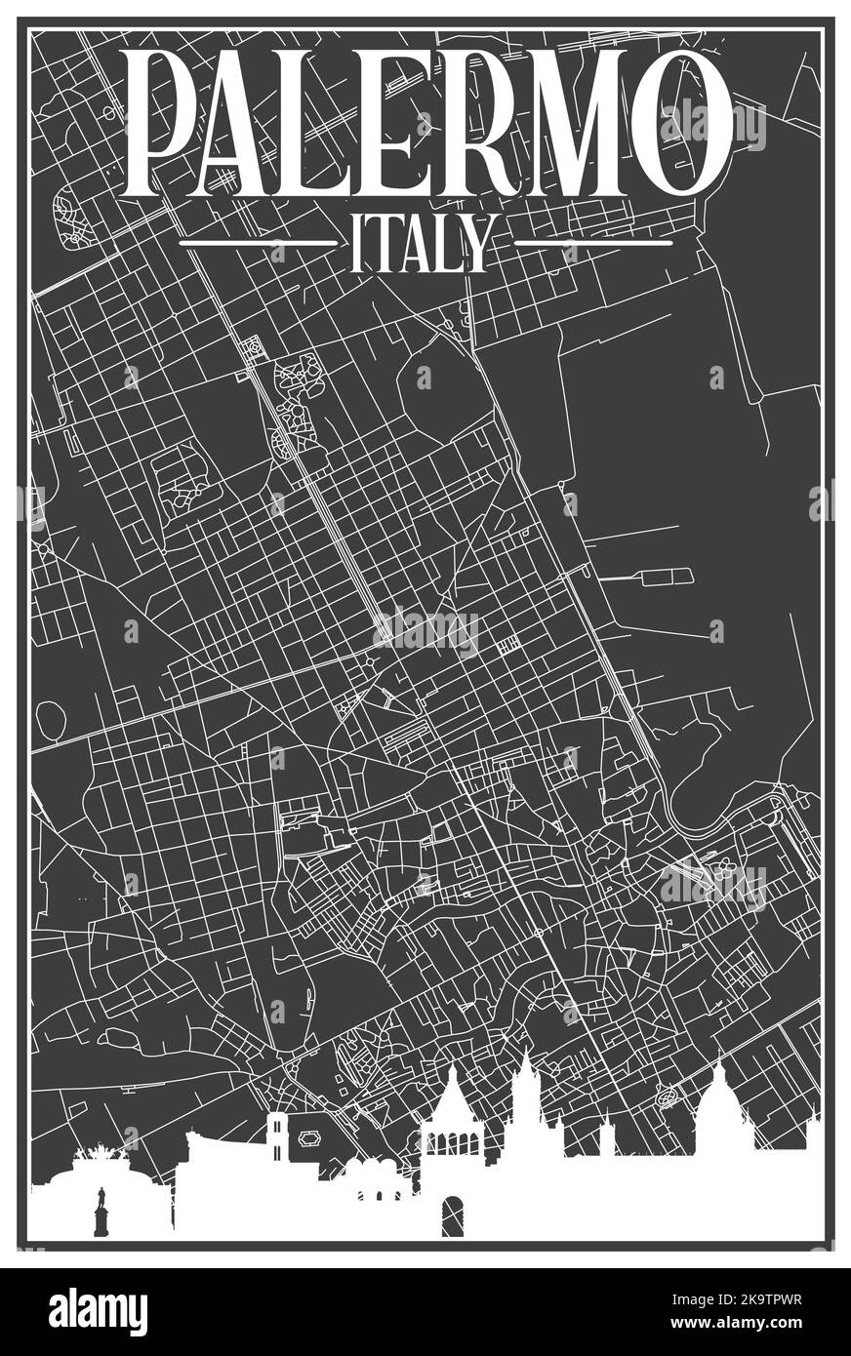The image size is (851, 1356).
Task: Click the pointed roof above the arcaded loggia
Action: pos(453,1097)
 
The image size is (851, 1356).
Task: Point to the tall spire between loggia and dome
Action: pos(526,1083)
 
